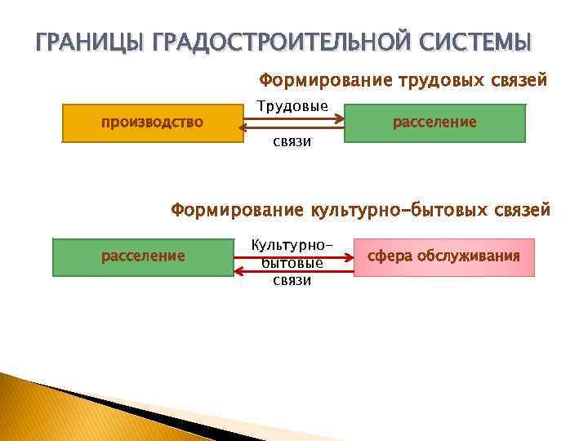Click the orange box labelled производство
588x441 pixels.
(x=152, y=123)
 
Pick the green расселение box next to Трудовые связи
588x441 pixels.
(x=434, y=123)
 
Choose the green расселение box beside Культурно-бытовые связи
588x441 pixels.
(x=143, y=256)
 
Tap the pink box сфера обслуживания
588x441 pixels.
(x=443, y=256)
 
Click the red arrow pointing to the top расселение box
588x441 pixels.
(x=294, y=119)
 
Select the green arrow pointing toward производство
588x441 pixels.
(x=294, y=128)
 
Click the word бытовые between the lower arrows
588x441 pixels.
(x=292, y=262)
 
